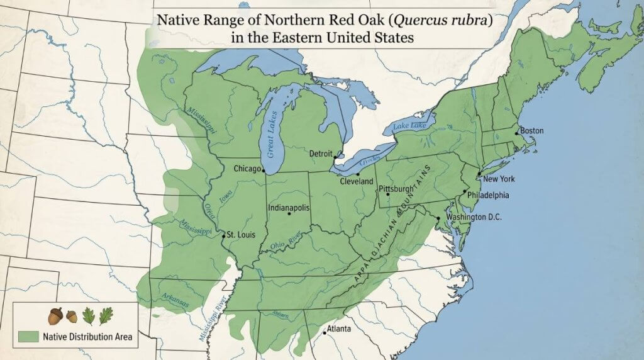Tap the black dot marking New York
pos(479,174)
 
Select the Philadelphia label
pos(488,195)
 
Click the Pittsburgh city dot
pos(388,194)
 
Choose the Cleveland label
pos(357,181)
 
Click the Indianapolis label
pos(289,206)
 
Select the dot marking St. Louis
pos(223,236)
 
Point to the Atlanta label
pos(339,329)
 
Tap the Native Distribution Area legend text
pos(87,337)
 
